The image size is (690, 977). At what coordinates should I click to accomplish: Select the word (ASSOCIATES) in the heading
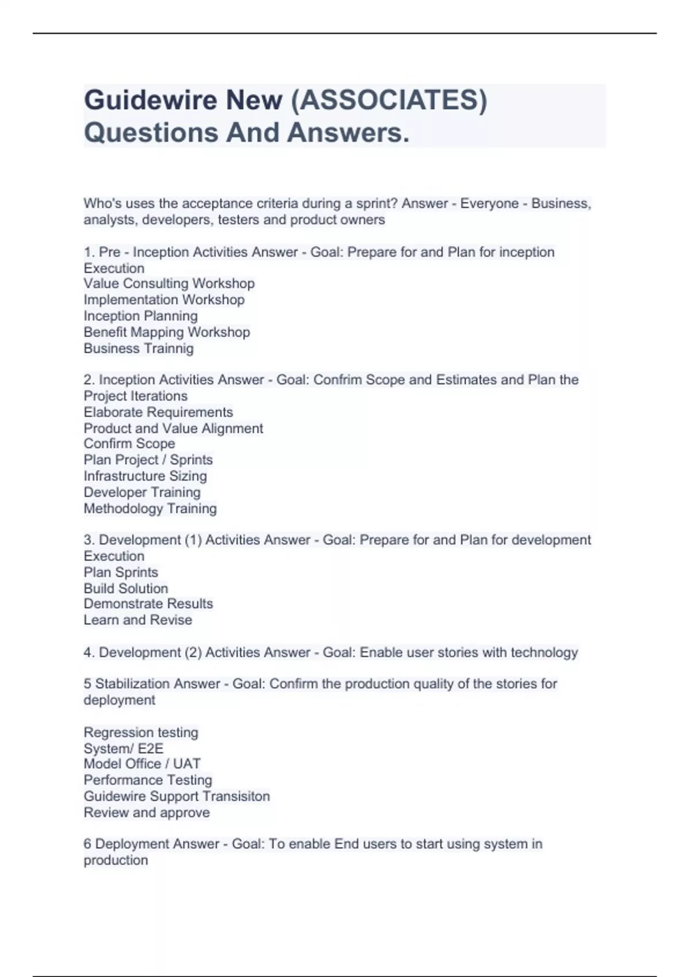coord(389,101)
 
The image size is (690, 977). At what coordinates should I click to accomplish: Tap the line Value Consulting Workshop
coord(168,284)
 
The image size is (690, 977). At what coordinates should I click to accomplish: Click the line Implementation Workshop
coord(164,300)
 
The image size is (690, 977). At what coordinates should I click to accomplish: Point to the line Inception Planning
coord(140,316)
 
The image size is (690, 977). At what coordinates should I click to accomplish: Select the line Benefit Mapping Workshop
coord(167,332)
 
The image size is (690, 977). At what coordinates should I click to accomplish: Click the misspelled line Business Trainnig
coord(139,348)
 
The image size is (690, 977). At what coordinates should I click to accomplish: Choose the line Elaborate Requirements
coord(158,412)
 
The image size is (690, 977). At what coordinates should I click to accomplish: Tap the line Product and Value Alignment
coord(173,428)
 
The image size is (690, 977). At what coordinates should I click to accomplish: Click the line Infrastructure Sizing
coord(145,476)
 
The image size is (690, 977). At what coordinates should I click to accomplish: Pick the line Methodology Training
coord(150,509)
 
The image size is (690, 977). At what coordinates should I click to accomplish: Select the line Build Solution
coord(126,588)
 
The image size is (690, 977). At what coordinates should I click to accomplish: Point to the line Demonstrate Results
coord(148,604)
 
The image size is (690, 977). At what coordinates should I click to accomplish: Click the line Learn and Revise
coord(138,620)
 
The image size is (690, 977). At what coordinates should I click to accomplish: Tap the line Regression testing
coord(141,732)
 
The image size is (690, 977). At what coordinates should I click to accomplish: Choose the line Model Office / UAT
coord(142,764)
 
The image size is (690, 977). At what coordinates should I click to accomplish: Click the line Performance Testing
coord(148,780)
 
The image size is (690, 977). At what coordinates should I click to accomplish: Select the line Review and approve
coord(147,813)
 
